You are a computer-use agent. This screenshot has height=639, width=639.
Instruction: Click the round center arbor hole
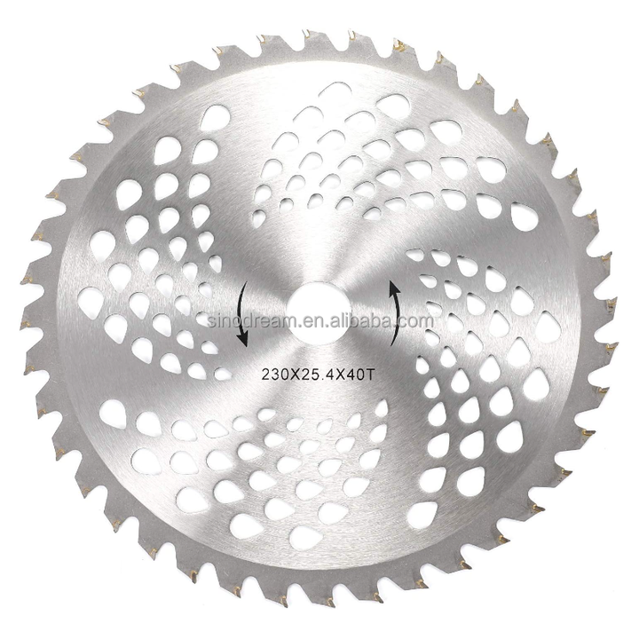(x=319, y=314)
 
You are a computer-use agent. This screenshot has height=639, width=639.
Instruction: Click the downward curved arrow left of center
(x=241, y=314)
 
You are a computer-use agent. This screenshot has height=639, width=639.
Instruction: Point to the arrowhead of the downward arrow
(x=243, y=339)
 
